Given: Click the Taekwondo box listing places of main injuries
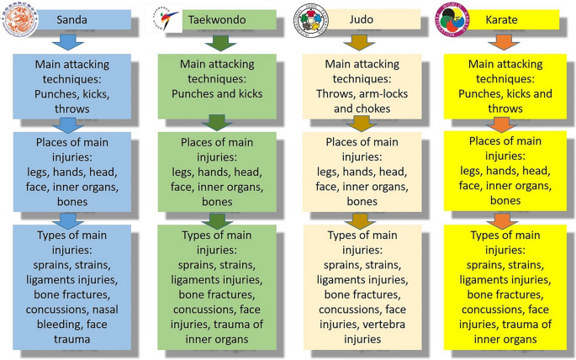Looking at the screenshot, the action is click(x=218, y=172).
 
